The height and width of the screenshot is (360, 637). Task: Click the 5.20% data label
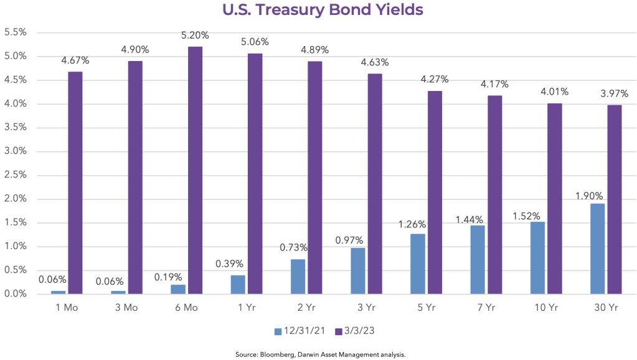(x=194, y=36)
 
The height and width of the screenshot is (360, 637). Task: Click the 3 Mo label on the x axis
(x=126, y=307)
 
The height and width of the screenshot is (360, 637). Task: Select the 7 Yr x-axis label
(x=486, y=307)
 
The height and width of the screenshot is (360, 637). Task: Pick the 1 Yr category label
(x=246, y=307)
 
